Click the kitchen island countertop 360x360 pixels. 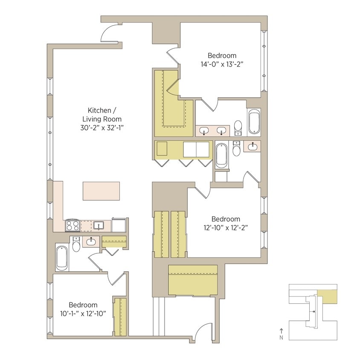point(101,191)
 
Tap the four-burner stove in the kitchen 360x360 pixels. point(72,225)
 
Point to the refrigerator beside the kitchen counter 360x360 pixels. point(119,225)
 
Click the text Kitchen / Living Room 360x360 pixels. point(105,114)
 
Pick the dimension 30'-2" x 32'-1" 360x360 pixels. point(105,127)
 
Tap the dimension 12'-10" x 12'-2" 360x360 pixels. point(226,227)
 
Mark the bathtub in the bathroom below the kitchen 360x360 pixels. point(62,257)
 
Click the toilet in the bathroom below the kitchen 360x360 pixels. point(76,245)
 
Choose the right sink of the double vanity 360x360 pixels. point(221,131)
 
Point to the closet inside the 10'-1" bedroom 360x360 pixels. point(120,316)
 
